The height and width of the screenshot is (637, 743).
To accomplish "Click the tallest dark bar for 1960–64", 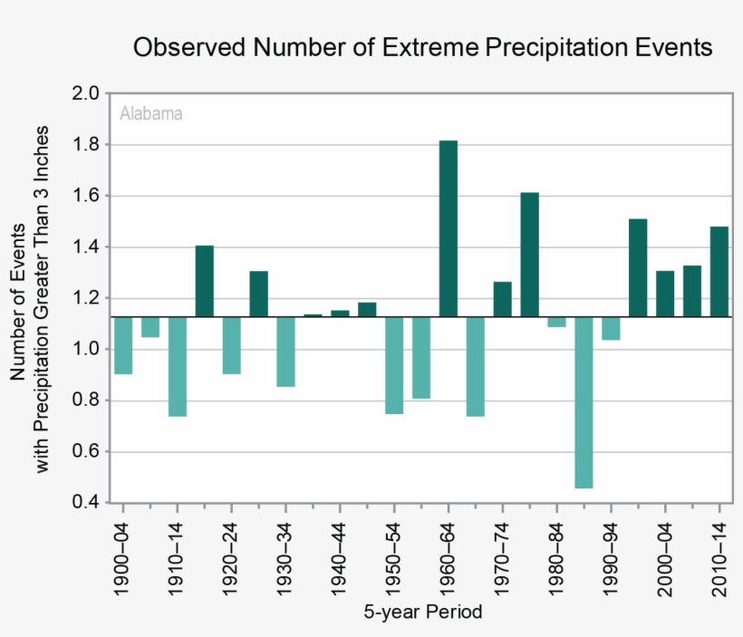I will pyautogui.click(x=449, y=228).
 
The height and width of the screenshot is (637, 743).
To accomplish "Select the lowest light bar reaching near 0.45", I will pyautogui.click(x=584, y=402).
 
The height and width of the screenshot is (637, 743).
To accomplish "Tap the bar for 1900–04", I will pyautogui.click(x=123, y=345).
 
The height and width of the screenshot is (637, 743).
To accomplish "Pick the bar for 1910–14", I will pyautogui.click(x=178, y=366).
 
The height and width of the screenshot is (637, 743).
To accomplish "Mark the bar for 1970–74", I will pyautogui.click(x=502, y=299).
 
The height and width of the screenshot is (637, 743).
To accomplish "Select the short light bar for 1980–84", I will pyautogui.click(x=556, y=322).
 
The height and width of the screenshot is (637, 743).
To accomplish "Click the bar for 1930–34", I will pyautogui.click(x=285, y=352).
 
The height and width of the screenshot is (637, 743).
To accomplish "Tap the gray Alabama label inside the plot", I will pyautogui.click(x=151, y=114).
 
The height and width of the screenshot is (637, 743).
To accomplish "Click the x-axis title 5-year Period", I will pyautogui.click(x=423, y=613).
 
